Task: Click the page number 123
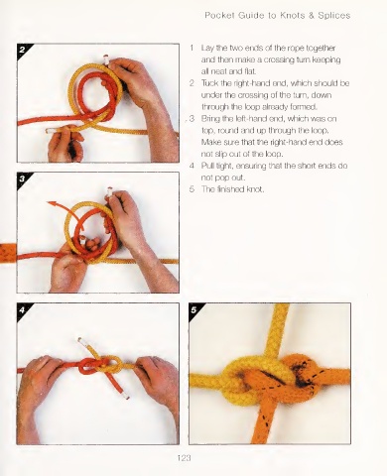(x=184, y=458)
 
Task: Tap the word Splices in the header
(x=333, y=16)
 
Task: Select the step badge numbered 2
(x=22, y=50)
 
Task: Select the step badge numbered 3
(x=22, y=178)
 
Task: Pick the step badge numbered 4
(x=22, y=309)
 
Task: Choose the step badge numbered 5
(x=194, y=309)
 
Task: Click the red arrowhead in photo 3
(x=52, y=203)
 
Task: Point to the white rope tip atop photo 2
(x=106, y=59)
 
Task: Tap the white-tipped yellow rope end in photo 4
(x=80, y=341)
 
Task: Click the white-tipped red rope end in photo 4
(x=125, y=395)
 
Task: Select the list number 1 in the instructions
(x=192, y=48)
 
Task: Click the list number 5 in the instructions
(x=192, y=189)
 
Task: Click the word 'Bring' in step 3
(x=210, y=119)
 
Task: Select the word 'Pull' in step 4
(x=207, y=166)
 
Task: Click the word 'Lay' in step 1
(x=207, y=49)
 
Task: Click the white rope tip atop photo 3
(x=108, y=192)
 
